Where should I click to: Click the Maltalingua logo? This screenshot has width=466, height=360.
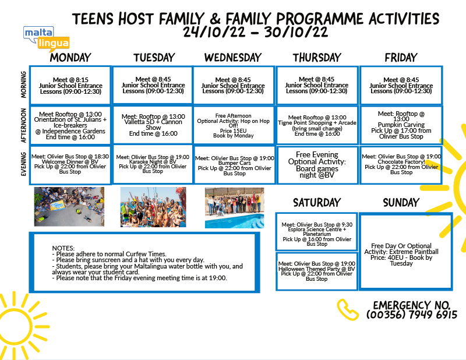47,38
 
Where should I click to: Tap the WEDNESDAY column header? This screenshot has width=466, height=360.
233,58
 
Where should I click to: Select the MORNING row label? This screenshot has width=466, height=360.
23,84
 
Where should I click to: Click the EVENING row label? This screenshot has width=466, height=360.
23,164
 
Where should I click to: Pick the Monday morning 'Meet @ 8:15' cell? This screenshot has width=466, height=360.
70,85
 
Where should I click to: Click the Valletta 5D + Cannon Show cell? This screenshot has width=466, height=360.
153,125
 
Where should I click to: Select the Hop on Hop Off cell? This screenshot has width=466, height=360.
234,125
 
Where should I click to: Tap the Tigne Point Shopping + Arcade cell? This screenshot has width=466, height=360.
317,125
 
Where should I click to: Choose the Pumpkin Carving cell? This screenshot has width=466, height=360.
401,125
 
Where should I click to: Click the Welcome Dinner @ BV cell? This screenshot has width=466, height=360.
70,164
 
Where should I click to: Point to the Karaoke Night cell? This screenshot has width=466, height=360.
153,164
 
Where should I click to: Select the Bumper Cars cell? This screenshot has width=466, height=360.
235,164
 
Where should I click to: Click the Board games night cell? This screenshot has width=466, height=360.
317,165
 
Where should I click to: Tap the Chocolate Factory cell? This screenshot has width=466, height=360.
401,164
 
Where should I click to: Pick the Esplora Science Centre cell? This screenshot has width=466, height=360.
317,232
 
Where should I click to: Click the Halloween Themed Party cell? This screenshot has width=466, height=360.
317,271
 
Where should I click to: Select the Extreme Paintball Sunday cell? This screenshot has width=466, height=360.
406,251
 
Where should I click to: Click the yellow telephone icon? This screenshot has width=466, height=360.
347,309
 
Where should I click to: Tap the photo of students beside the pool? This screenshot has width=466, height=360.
235,208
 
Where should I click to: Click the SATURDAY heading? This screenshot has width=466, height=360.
317,203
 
